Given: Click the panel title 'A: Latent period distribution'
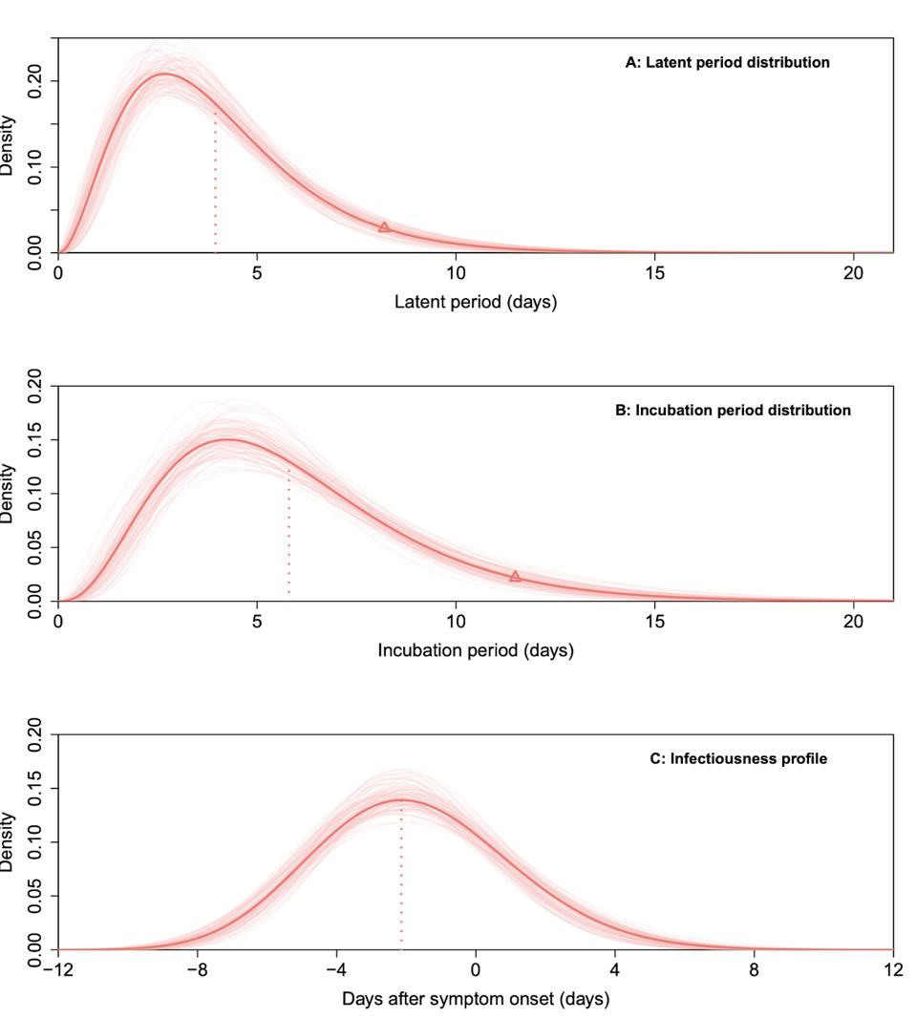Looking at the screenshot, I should (x=727, y=62).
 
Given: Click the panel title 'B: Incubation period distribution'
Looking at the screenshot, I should (x=733, y=410).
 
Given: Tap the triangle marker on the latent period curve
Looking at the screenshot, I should (x=384, y=227).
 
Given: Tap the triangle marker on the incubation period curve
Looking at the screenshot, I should (x=515, y=576).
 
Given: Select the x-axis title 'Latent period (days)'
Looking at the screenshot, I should (x=476, y=302).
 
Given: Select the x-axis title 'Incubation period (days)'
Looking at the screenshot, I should (x=476, y=650).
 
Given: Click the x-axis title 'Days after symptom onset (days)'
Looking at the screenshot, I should (x=476, y=999).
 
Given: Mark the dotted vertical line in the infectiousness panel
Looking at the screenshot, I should (x=401, y=879).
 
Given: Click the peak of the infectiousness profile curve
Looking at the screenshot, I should (x=399, y=800).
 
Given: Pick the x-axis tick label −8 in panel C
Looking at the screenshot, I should (x=198, y=970).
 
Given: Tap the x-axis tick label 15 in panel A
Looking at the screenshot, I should (x=654, y=273).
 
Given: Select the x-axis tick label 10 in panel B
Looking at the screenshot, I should (x=456, y=622).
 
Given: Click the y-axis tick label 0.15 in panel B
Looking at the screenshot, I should (x=35, y=440).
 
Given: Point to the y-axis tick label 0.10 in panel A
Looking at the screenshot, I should (x=35, y=167).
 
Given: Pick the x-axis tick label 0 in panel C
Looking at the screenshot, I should (x=476, y=970).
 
